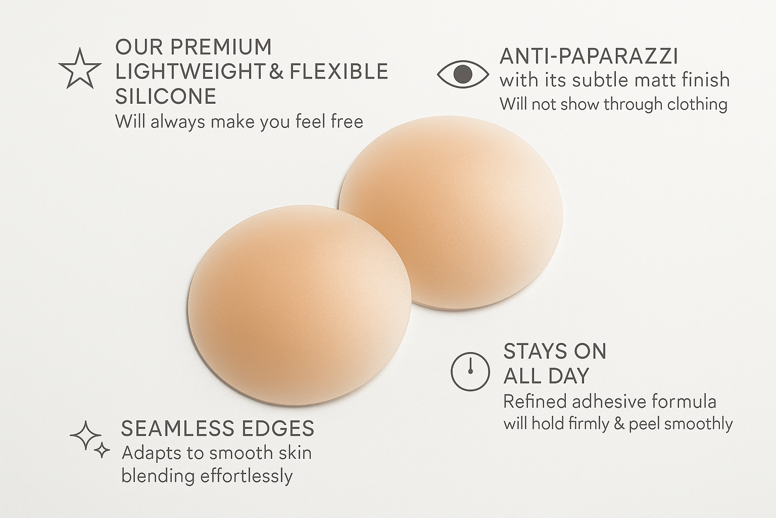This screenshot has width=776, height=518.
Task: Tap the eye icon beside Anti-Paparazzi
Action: (463, 74)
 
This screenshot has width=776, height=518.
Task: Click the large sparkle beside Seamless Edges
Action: (85, 436)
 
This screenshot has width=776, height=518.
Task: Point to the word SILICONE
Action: (166, 96)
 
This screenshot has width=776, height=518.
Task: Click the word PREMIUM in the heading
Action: (221, 47)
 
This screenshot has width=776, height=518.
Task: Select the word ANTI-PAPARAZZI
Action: (589, 56)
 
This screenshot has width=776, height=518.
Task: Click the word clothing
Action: (697, 105)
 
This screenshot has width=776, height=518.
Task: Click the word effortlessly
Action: (247, 476)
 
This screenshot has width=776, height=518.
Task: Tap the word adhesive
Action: (602, 402)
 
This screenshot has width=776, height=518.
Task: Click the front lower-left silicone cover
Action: (300, 306)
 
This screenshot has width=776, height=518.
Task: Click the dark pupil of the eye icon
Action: (463, 74)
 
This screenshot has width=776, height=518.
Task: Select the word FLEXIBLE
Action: (338, 71)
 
